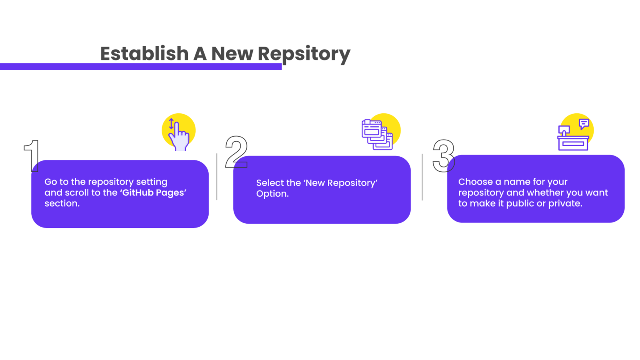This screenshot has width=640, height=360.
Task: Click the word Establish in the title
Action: tap(145, 53)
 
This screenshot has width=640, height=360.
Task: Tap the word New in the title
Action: tap(232, 53)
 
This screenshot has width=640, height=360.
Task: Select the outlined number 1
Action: tap(31, 156)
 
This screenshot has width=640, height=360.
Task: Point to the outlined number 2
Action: tap(236, 152)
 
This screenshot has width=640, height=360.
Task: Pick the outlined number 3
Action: tap(444, 156)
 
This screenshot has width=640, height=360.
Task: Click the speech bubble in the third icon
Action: tap(584, 124)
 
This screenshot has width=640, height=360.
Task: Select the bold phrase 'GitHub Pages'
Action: tap(153, 192)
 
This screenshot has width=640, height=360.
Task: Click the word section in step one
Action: tap(62, 203)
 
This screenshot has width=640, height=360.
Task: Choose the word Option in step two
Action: tap(272, 194)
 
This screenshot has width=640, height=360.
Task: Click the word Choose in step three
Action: tap(475, 182)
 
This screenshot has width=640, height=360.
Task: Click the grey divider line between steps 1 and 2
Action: tap(217, 177)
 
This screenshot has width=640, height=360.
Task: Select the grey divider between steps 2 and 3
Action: tap(422, 177)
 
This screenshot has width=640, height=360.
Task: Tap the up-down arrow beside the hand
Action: tap(171, 124)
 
